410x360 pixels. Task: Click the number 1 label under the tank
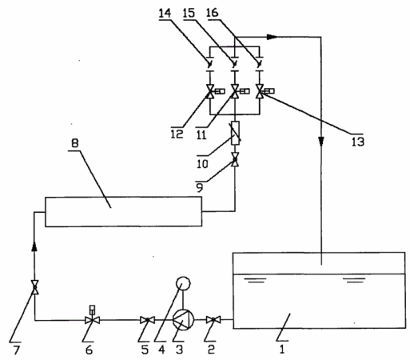(282, 350)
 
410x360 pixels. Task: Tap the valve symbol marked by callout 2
(213, 319)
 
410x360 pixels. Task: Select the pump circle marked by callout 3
(183, 319)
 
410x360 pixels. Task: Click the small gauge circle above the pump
(183, 283)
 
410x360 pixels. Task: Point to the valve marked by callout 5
(147, 320)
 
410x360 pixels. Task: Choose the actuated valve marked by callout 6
(92, 317)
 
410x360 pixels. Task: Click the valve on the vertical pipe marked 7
(34, 287)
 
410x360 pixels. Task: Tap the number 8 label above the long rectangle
(75, 143)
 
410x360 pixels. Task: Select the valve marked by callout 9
(235, 159)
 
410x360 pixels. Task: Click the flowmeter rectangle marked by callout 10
(235, 133)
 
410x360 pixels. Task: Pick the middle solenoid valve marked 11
(238, 91)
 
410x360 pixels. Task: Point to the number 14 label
(165, 13)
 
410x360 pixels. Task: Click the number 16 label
(213, 13)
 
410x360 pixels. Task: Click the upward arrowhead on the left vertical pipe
(34, 246)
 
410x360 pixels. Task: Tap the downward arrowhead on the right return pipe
(321, 141)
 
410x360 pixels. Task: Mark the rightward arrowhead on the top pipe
(273, 37)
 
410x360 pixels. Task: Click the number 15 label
(189, 13)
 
